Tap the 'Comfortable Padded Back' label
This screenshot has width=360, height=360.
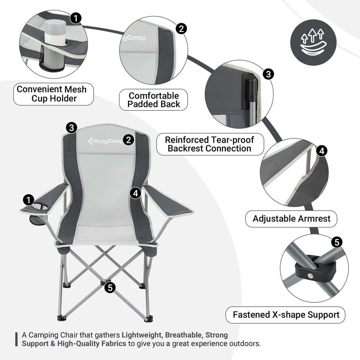point(154,100)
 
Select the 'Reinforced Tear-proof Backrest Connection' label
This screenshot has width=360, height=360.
point(210,144)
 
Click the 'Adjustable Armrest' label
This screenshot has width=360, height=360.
point(291,219)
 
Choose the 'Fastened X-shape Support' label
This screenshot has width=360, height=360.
point(286,315)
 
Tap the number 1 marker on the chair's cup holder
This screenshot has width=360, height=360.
point(29,200)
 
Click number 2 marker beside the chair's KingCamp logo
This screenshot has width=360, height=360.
point(128,140)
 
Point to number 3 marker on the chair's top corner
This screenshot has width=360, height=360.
point(72,127)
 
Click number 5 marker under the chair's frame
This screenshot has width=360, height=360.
point(110,287)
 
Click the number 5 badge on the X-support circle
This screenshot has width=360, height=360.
point(337,242)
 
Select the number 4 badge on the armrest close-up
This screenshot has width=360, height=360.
point(321,151)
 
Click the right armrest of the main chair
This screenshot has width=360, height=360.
point(168,202)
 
